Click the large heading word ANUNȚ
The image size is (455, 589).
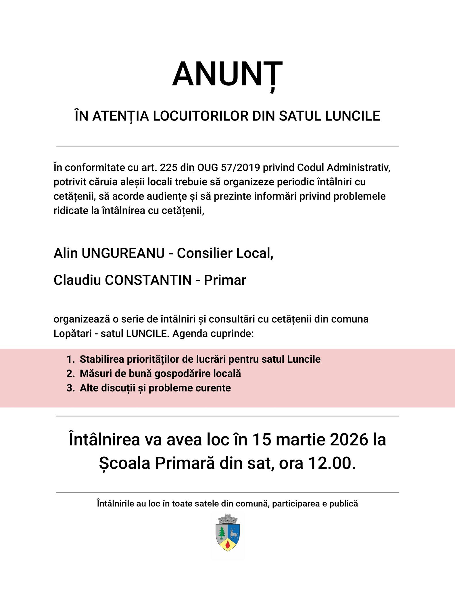227,74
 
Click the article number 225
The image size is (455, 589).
169,168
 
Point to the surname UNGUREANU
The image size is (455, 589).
123,253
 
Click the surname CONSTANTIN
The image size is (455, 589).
148,280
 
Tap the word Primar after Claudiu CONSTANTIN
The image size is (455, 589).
225,280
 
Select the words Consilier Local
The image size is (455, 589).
224,253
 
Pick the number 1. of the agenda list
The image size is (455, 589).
70,359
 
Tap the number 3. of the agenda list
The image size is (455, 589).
70,388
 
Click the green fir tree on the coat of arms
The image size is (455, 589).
222,533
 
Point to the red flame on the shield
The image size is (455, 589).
228,544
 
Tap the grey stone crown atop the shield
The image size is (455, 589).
228,519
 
